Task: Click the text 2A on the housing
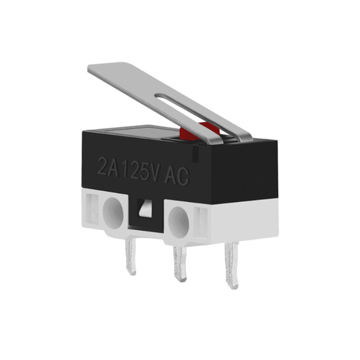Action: click(108, 166)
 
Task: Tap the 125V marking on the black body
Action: click(138, 170)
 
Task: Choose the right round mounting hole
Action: click(178, 218)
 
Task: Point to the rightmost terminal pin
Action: click(231, 265)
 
